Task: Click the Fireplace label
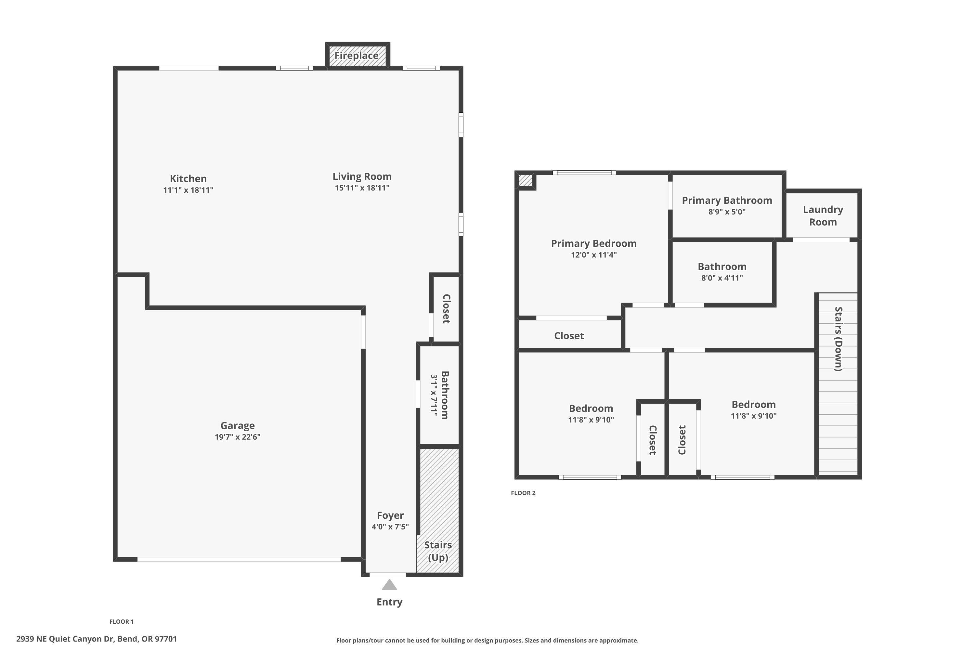tap(356, 56)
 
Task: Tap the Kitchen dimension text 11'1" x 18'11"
tap(188, 190)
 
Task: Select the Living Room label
tap(362, 176)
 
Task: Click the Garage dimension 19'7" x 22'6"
tap(237, 437)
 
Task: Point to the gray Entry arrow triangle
tap(389, 585)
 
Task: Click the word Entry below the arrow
tap(389, 602)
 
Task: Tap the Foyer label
tap(390, 515)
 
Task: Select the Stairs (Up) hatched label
tap(438, 551)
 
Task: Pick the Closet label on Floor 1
tap(446, 309)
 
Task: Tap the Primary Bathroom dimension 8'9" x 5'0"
tap(727, 212)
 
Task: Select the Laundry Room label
tap(823, 215)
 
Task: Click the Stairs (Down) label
tap(838, 339)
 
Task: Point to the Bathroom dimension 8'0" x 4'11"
tap(722, 278)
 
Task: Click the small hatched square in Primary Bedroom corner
tap(525, 180)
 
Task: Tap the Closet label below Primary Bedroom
tap(569, 336)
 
